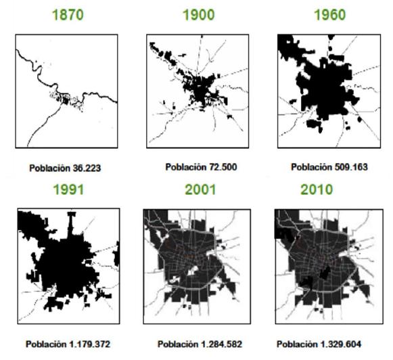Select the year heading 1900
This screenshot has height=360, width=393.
[x=199, y=15]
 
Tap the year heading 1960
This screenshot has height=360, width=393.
[x=330, y=15]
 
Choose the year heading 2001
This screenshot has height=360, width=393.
[x=200, y=189]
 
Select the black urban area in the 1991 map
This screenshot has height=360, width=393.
[x=64, y=264]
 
